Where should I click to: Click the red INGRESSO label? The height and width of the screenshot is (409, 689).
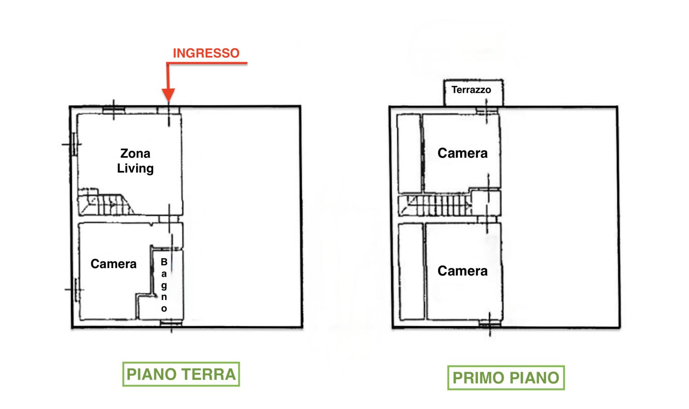coord(206,53)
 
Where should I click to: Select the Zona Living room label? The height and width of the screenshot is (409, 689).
coord(135,161)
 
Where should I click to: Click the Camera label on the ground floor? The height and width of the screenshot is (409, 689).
coord(114,264)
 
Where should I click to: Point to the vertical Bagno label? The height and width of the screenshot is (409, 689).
coord(164,285)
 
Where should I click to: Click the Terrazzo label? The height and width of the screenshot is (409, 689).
coord(471,90)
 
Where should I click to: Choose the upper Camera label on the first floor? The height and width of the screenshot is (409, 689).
coord(462,153)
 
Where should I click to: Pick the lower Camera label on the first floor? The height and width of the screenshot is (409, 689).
coord(462,271)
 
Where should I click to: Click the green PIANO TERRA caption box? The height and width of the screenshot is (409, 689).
coord(181,374)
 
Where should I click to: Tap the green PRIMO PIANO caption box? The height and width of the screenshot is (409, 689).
coord(506,378)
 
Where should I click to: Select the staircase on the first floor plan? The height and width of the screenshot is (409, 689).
coord(435,205)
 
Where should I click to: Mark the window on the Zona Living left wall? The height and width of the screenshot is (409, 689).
coord(74,144)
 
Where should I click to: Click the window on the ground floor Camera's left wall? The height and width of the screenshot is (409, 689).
coord(76,290)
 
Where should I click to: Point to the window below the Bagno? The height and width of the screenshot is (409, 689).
coord(171,323)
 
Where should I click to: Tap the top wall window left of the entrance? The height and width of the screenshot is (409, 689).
coord(114,110)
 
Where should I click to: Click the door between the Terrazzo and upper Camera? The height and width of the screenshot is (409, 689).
coord(487,110)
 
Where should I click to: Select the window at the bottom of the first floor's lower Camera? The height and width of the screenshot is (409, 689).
coord(490,323)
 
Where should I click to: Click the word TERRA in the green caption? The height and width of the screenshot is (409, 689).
coord(209,374)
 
